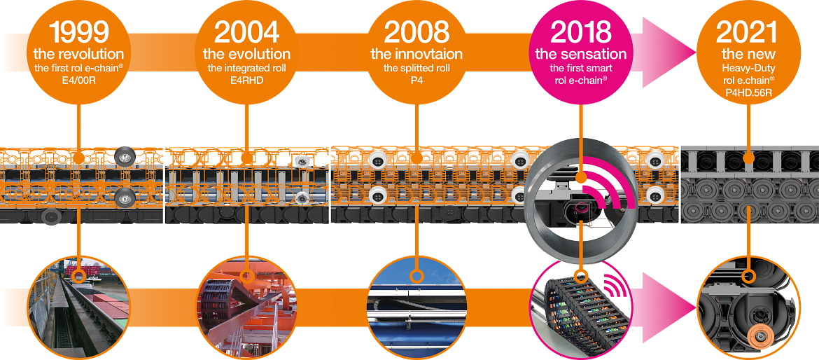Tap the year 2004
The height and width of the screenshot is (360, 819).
click(246, 32)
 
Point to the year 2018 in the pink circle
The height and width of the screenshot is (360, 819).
click(580, 32)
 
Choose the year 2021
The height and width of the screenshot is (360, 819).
click(747, 32)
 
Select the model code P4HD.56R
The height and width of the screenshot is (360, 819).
click(747, 91)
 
